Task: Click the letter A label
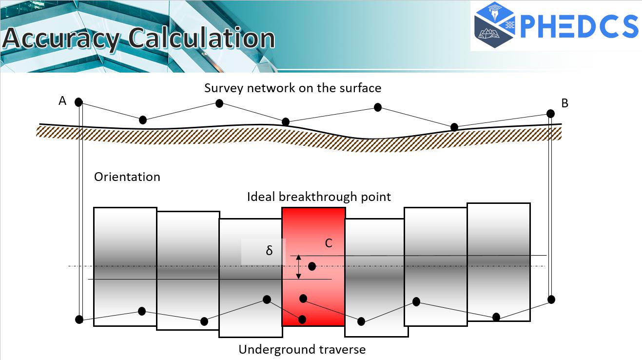[62, 100]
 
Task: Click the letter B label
[564, 103]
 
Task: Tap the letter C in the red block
[329, 243]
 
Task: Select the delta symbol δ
[269, 250]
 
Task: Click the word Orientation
[127, 177]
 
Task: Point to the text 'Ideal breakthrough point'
[319, 197]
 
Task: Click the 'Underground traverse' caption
[302, 350]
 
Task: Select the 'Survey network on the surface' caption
[292, 88]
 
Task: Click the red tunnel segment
[313, 267]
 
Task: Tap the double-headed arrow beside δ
[298, 267]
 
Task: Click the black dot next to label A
[78, 102]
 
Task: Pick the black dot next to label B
[550, 114]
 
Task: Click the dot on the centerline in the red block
[312, 266]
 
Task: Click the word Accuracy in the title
[61, 39]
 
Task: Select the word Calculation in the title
[201, 38]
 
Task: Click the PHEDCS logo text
[579, 26]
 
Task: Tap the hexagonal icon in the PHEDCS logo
[495, 25]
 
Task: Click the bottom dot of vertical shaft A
[79, 319]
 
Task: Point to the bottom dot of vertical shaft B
[551, 300]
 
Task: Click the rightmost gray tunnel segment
[499, 262]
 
